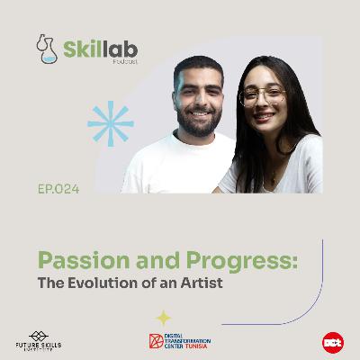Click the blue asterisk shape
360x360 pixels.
[110, 124]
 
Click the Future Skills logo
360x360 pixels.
[38, 341]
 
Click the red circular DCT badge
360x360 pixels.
[333, 342]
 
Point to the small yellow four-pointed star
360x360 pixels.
[165, 317]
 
